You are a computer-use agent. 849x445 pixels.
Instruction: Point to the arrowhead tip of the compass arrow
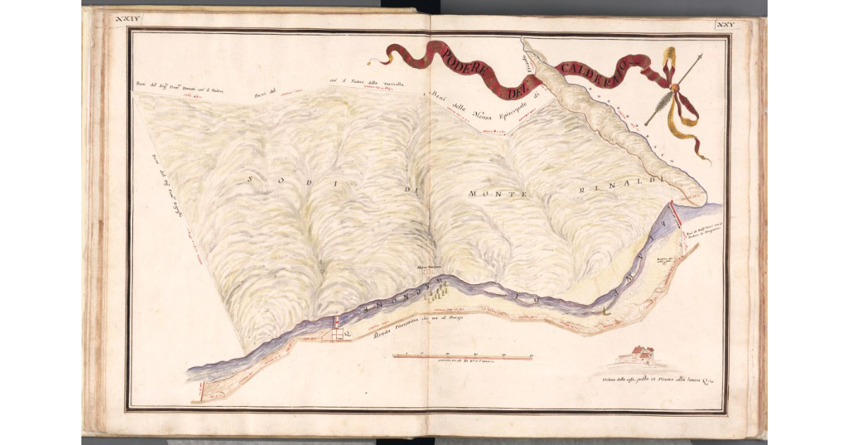click(x=703, y=55)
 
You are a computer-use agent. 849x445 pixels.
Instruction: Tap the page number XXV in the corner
click(x=726, y=26)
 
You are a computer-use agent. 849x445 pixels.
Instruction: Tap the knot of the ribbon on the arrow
click(x=674, y=88)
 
